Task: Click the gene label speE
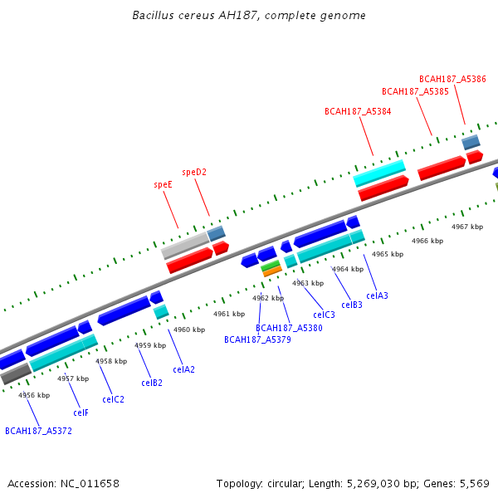click(x=164, y=184)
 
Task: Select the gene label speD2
click(x=194, y=173)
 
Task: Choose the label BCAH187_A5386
click(x=452, y=79)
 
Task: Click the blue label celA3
click(x=377, y=295)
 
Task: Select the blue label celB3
click(x=352, y=305)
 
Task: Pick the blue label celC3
click(x=324, y=315)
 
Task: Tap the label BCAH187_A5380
click(x=289, y=329)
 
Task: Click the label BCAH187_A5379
click(x=257, y=339)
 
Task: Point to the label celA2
click(x=183, y=369)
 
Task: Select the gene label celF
click(x=81, y=413)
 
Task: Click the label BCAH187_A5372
click(x=38, y=431)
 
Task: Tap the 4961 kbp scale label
click(x=229, y=315)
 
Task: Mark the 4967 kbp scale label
click(x=467, y=227)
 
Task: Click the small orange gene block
click(x=272, y=271)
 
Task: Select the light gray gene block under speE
click(x=185, y=246)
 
